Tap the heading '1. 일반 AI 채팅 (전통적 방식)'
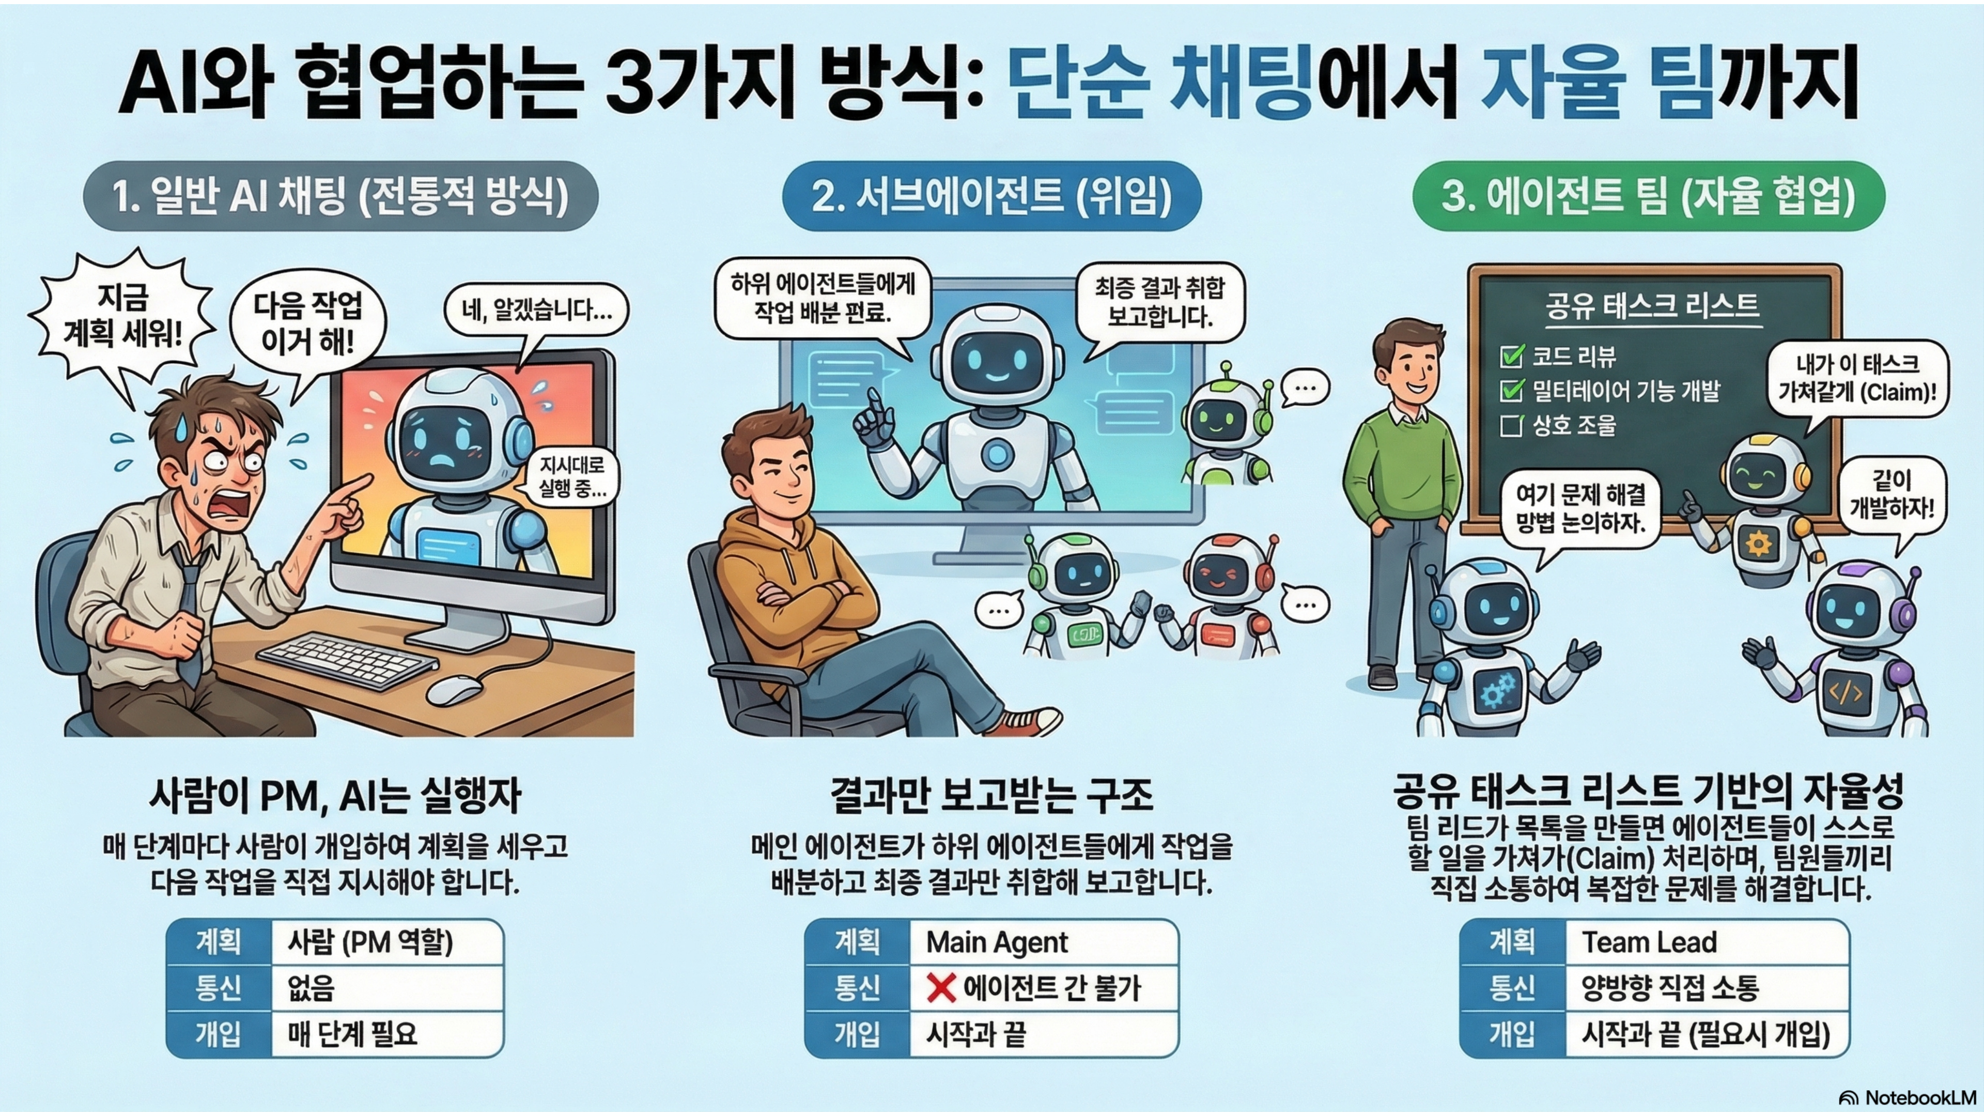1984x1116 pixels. click(340, 196)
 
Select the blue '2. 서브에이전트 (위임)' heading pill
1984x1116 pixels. click(992, 196)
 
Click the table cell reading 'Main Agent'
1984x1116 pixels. click(1044, 942)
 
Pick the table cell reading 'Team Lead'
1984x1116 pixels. click(1707, 942)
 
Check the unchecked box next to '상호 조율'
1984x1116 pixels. click(1511, 425)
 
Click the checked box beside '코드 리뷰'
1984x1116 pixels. click(1512, 356)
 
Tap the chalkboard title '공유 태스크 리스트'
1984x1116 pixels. click(1653, 306)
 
